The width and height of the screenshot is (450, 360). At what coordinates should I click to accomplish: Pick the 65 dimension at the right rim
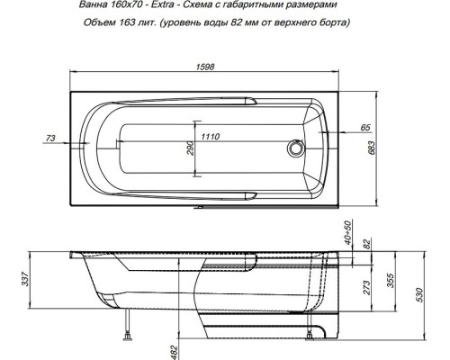click(x=366, y=129)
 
